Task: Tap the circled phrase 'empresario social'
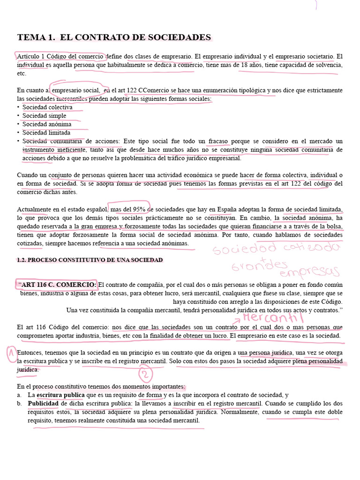75,90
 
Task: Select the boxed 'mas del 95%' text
127,209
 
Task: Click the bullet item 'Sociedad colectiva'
47,107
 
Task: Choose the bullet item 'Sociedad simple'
45,116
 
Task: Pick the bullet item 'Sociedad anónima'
47,124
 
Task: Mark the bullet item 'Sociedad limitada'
46,133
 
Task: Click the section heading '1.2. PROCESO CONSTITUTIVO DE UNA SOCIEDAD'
90,260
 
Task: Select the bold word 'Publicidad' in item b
43,404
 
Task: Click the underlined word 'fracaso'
219,141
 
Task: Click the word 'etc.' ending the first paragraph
22,74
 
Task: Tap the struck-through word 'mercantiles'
71,99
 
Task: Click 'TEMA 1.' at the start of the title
36,37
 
